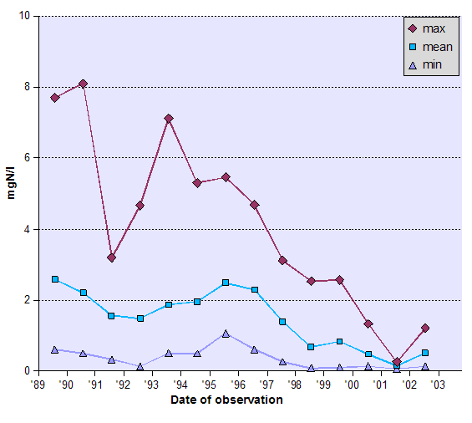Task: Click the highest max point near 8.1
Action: coord(83,84)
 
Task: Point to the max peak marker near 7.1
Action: coord(169,119)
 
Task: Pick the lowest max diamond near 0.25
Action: coord(397,362)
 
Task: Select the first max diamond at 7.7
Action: coord(55,98)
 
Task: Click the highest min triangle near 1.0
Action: coord(226,334)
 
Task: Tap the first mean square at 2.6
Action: coord(55,279)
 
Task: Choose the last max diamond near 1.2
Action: coord(425,328)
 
